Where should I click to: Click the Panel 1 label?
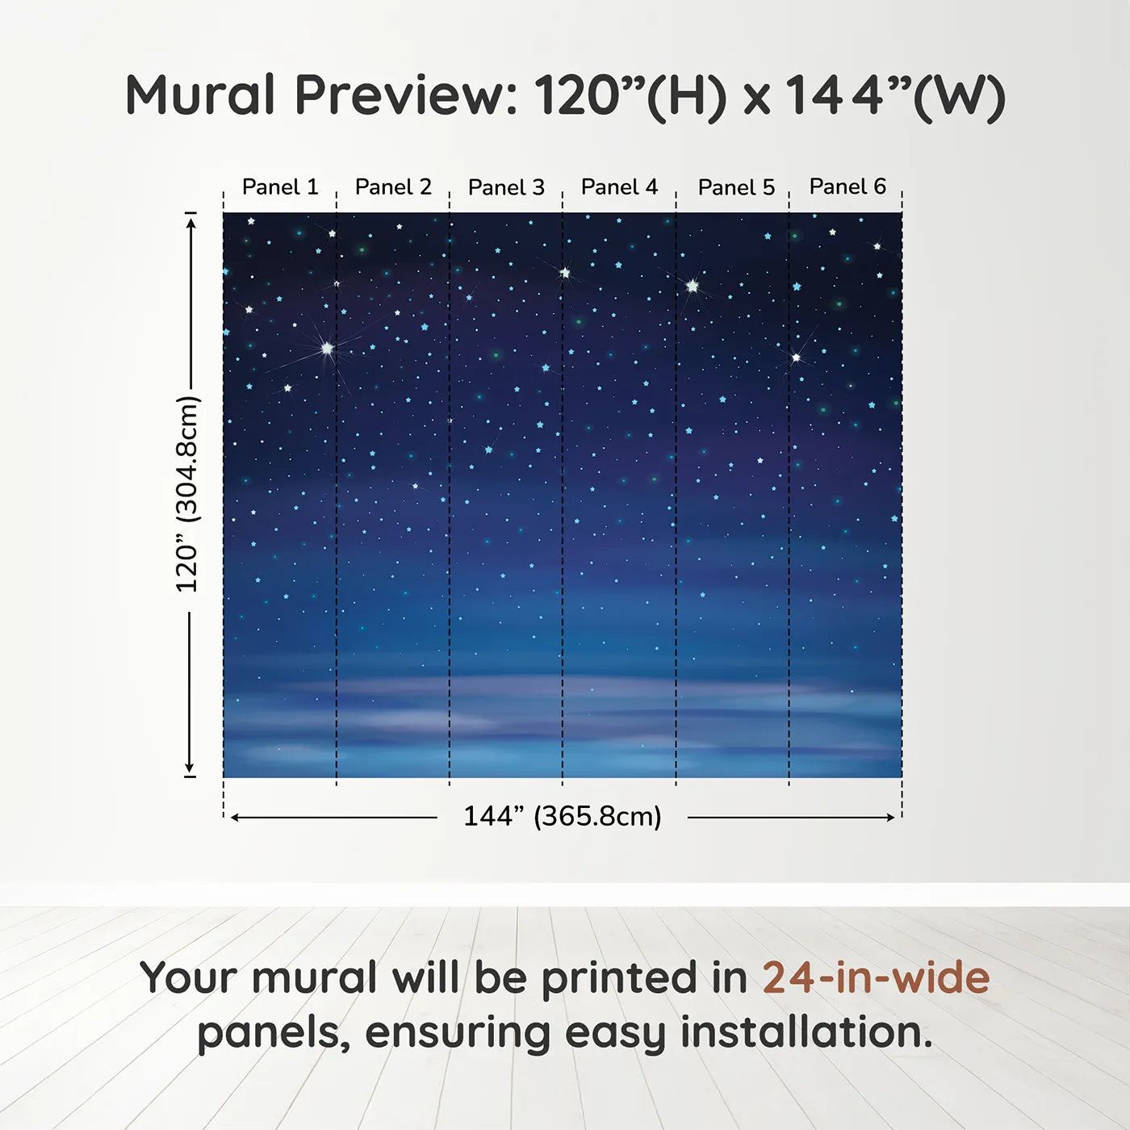click(x=280, y=187)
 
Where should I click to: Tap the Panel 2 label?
click(x=393, y=187)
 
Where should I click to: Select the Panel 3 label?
click(x=506, y=187)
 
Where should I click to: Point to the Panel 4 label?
click(x=619, y=187)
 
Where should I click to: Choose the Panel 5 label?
click(x=736, y=187)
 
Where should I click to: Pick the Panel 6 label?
click(x=847, y=186)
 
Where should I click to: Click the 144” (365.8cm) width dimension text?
click(x=562, y=816)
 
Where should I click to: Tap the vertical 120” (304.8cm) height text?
click(x=187, y=494)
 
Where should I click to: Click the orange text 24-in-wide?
click(x=876, y=978)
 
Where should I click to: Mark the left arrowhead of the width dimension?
click(x=235, y=818)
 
